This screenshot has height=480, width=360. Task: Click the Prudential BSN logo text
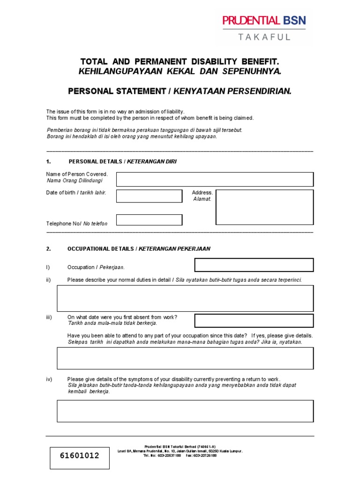point(264,20)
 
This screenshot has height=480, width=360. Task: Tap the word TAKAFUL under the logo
point(264,37)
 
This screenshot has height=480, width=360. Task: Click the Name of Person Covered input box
point(215,179)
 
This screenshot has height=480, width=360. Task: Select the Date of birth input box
point(149,196)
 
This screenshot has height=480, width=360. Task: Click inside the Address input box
point(264,207)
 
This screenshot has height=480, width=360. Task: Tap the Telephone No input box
point(149,220)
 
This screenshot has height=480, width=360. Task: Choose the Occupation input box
point(254,265)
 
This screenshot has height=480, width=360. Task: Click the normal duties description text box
point(185,299)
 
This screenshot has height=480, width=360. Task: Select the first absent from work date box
point(254,321)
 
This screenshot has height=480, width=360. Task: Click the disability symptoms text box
point(185,411)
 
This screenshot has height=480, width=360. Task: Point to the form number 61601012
point(80,456)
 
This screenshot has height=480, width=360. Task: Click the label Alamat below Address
point(202,199)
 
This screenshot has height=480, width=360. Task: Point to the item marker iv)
point(49,379)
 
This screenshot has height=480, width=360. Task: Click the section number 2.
point(48,249)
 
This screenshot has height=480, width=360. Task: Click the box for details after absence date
point(185,358)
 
